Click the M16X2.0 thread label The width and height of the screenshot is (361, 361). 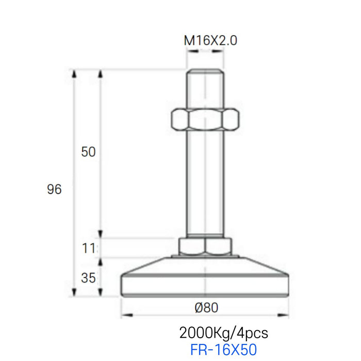click(x=210, y=41)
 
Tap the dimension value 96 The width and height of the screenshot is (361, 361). click(x=54, y=189)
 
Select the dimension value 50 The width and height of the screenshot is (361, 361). click(x=89, y=152)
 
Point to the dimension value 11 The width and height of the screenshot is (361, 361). click(x=89, y=248)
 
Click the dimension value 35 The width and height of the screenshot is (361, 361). click(x=89, y=278)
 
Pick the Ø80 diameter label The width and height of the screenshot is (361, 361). click(x=206, y=307)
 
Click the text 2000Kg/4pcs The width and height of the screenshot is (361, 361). click(x=223, y=332)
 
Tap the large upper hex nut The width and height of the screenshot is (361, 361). click(x=205, y=120)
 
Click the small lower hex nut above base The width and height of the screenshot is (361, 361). click(x=205, y=246)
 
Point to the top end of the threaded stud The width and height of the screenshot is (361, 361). click(x=205, y=72)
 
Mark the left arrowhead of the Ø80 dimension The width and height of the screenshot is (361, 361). click(x=124, y=315)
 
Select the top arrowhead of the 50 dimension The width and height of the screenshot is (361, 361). click(x=101, y=73)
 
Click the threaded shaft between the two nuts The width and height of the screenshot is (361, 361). click(x=205, y=180)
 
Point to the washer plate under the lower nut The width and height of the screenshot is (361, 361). click(x=205, y=256)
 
